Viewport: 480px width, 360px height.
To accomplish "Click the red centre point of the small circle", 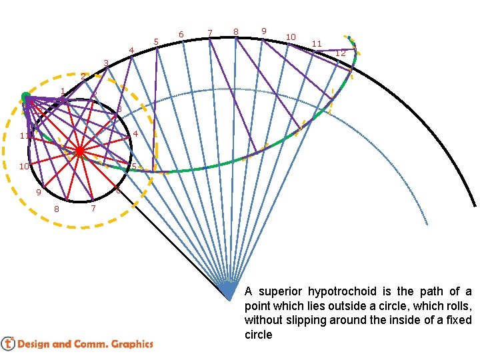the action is pos(79,151).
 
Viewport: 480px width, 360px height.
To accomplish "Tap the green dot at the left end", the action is pos(26,97).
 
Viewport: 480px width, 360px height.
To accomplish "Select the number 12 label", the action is pos(340,53).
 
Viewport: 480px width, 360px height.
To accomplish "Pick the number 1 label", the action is pos(62,91).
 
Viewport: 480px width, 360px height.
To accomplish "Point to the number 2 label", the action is pos(83,76).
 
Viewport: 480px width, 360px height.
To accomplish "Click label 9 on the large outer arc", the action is pos(264,31).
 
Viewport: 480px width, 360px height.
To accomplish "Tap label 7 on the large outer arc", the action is pos(210,32).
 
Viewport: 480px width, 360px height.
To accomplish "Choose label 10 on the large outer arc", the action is pos(291,37).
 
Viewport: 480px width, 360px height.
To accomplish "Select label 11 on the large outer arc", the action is pos(317,44).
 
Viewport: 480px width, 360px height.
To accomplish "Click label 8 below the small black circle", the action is pos(56,209).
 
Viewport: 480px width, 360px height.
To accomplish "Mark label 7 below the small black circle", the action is pos(93,209).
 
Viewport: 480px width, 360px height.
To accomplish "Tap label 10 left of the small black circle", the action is pos(23,166).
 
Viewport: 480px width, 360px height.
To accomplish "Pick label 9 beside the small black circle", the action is pos(39,193).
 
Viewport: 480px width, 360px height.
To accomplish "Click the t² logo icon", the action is pos(8,343).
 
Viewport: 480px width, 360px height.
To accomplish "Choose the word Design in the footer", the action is pos(34,344).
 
